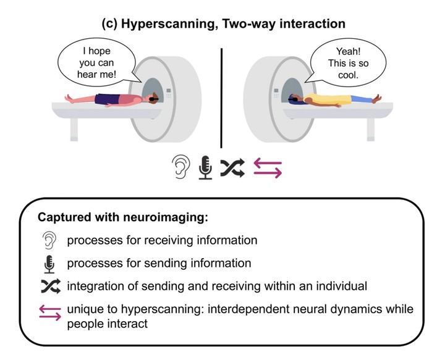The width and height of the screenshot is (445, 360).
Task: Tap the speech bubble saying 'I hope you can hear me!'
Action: tap(97, 63)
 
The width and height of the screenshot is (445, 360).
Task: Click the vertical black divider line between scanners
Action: tap(221, 98)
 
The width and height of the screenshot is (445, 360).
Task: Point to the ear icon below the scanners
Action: tap(180, 167)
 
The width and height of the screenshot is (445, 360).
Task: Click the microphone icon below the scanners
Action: tap(205, 167)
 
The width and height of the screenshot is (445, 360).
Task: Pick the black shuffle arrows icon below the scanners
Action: tap(232, 168)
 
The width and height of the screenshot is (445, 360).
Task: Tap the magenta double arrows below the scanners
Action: tap(268, 168)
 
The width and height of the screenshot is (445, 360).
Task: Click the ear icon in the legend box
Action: tap(49, 240)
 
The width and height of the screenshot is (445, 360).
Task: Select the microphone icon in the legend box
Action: tap(49, 264)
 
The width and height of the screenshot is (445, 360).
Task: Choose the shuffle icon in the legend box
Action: tap(51, 286)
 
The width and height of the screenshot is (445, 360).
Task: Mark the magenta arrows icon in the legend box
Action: tap(50, 312)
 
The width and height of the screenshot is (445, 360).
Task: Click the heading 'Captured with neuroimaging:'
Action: tap(123, 217)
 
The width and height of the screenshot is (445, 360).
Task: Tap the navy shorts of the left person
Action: tap(108, 99)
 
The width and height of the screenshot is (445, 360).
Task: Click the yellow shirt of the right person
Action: tap(329, 99)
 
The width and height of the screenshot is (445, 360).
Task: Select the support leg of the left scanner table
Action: tap(74, 129)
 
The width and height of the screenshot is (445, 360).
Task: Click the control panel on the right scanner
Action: tap(276, 93)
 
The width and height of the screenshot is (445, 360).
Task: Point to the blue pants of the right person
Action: tap(362, 99)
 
